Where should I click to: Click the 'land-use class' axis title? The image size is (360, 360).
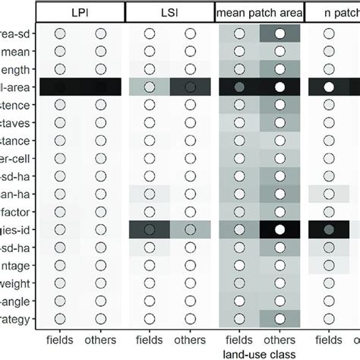pos(260,354)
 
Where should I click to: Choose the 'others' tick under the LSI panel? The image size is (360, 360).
pos(190,340)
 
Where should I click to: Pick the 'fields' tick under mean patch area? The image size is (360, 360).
pos(238,340)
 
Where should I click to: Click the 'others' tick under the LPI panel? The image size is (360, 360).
pos(100,340)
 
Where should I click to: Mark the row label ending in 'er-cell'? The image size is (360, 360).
pos(16,158)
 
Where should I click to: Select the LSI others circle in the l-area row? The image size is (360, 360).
pos(190,87)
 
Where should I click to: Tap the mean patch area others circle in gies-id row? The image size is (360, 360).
pos(280,229)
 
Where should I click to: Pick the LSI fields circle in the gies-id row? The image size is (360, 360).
pos(148,229)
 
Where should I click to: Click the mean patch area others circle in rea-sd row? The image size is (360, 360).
pos(280,33)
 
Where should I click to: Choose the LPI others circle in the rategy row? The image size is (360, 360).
pos(100,318)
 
